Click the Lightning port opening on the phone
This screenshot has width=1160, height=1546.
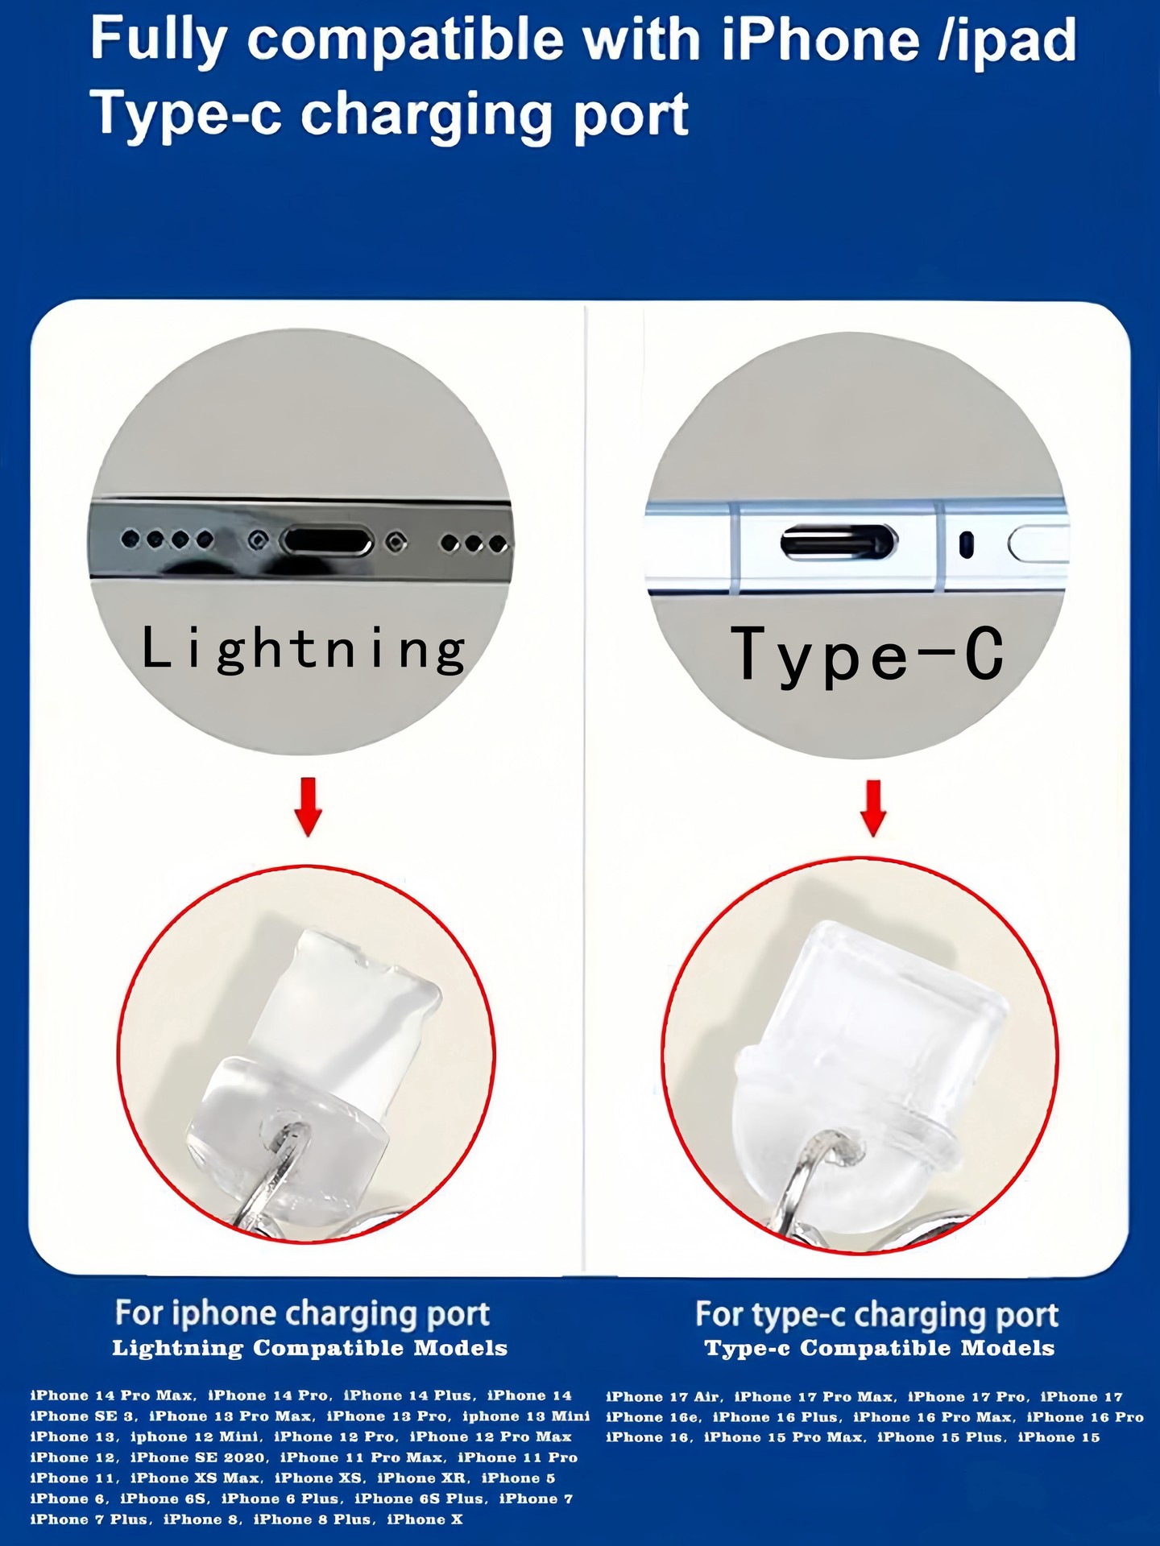coord(327,542)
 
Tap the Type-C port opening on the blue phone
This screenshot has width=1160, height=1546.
coord(839,543)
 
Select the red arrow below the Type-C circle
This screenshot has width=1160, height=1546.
coord(873,808)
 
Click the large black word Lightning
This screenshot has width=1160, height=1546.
coord(303,649)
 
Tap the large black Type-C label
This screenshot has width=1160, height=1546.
coord(868,654)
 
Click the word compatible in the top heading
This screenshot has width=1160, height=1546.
coord(406,39)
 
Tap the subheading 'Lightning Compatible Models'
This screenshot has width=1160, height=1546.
coord(310,1349)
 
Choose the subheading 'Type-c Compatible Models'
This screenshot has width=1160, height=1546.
coord(880,1349)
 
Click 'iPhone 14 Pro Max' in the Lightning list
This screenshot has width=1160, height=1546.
coord(112,1395)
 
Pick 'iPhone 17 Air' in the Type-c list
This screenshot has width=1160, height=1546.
coord(663,1397)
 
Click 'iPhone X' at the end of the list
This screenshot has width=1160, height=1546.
coord(425,1519)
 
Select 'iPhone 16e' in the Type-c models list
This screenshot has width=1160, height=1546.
coord(652,1417)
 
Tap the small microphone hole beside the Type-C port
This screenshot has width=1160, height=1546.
coord(966,545)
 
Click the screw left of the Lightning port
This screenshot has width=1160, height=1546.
coord(258,541)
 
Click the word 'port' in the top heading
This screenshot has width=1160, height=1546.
coord(631,115)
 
